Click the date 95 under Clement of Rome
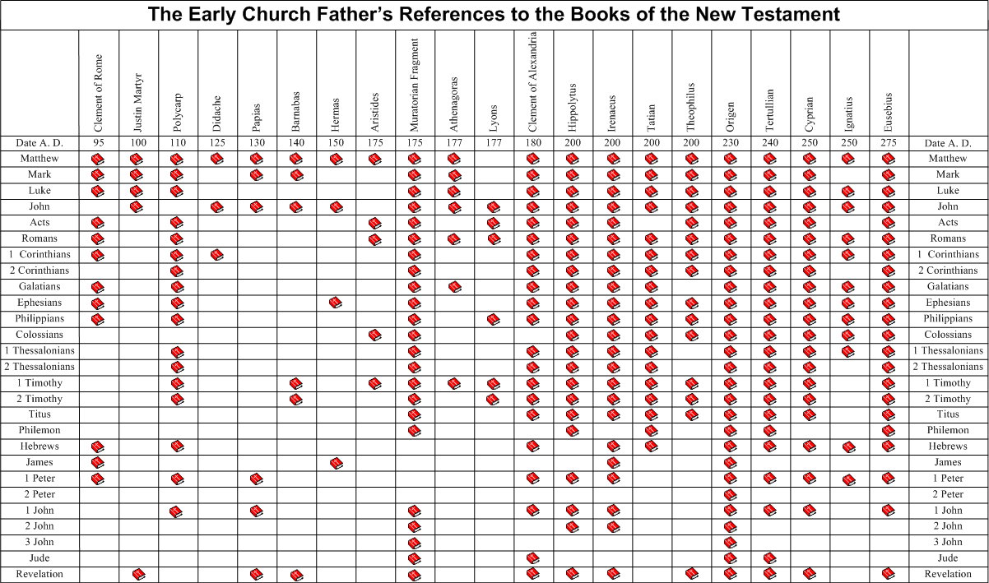98,143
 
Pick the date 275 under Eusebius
889,143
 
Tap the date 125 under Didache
216,143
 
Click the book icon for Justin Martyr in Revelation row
138,574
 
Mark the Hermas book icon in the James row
336,464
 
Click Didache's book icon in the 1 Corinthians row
217,255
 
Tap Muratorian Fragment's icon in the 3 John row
415,543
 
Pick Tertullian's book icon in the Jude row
770,558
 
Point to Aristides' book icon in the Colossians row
375,335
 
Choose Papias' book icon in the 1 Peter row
257,479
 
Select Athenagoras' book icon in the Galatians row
454,287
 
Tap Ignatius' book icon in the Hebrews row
849,447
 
